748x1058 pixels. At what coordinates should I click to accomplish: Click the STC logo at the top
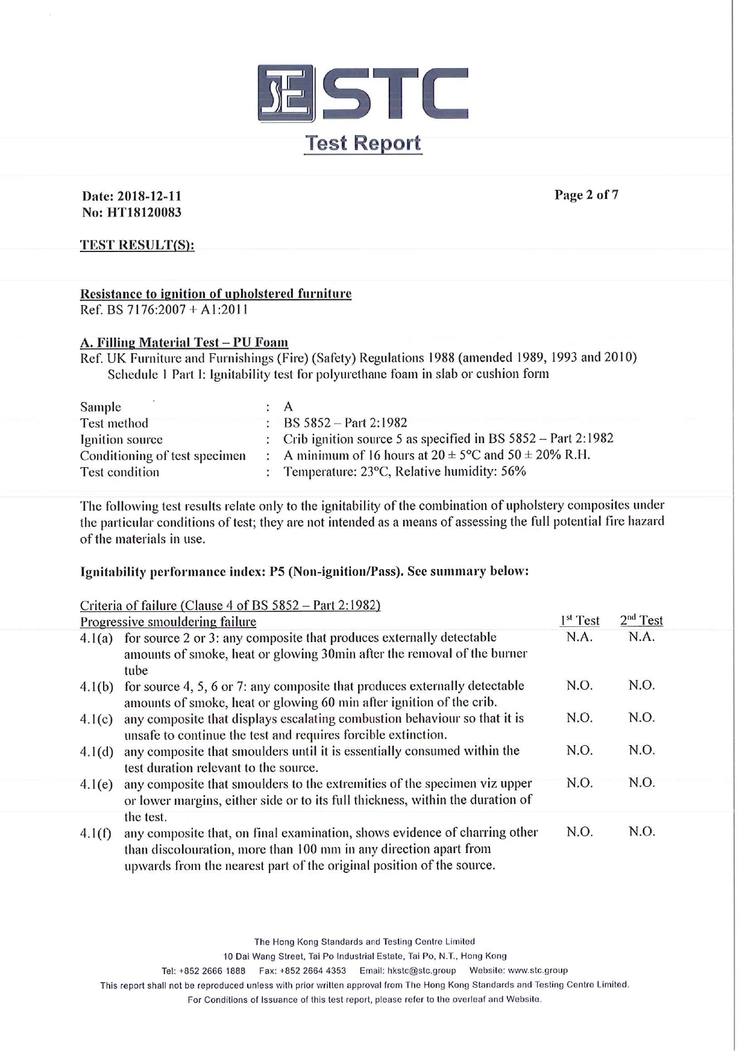coord(363,93)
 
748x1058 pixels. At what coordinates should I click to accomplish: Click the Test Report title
coord(362,143)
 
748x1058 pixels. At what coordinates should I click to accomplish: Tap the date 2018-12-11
coord(149,196)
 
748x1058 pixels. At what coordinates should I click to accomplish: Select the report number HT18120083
coord(144,212)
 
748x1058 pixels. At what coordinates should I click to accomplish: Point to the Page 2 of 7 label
coord(586,195)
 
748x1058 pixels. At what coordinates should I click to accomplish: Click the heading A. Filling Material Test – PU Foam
coord(184,342)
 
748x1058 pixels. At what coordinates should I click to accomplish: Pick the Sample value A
coord(288,407)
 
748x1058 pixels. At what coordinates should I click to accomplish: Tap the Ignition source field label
coord(121,439)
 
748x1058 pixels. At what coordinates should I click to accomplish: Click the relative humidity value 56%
coord(514,471)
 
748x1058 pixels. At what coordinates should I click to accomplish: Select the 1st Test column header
coord(579,620)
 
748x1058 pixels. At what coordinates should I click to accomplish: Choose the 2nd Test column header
coord(641,620)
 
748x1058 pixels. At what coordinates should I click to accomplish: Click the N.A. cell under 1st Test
coord(579,637)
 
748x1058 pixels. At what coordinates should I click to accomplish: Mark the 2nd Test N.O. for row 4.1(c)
coord(641,718)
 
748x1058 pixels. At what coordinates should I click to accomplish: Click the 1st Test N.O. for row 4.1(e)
coord(579,783)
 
